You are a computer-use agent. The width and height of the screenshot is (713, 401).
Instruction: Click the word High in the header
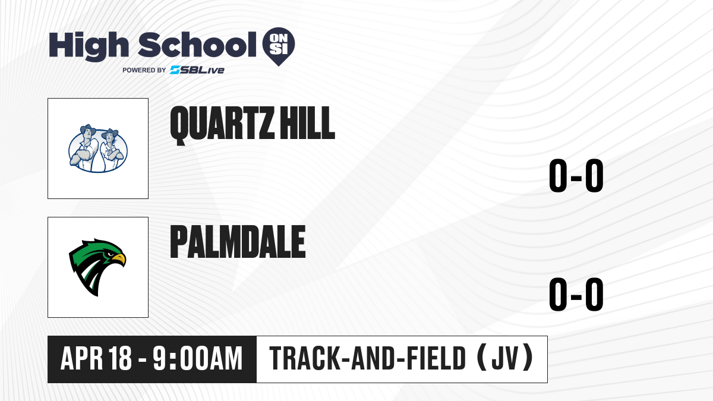tap(89, 46)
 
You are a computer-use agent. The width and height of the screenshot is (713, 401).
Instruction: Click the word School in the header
tap(197, 45)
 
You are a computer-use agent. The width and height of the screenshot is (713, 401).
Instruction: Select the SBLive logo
tap(197, 70)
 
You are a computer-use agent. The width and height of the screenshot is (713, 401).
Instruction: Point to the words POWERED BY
tap(144, 70)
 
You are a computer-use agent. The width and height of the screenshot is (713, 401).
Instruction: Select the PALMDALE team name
tap(238, 242)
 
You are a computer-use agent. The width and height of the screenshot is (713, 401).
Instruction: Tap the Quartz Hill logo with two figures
tap(98, 149)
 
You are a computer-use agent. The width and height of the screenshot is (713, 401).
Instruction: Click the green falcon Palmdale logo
tap(97, 267)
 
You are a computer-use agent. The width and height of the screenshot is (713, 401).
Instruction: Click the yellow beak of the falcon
tap(119, 259)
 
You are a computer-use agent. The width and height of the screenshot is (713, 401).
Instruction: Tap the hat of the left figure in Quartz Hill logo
tap(88, 130)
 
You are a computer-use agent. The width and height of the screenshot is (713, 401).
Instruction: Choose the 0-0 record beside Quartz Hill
tap(576, 175)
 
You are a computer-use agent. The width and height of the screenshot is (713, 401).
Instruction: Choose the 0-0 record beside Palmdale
tap(576, 294)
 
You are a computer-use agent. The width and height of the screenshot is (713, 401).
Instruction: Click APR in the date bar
tap(82, 358)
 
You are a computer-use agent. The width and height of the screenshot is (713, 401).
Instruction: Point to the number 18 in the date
tap(120, 358)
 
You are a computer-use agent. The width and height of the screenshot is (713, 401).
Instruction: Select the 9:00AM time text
tap(198, 358)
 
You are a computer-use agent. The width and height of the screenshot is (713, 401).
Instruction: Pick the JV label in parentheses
tap(505, 358)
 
